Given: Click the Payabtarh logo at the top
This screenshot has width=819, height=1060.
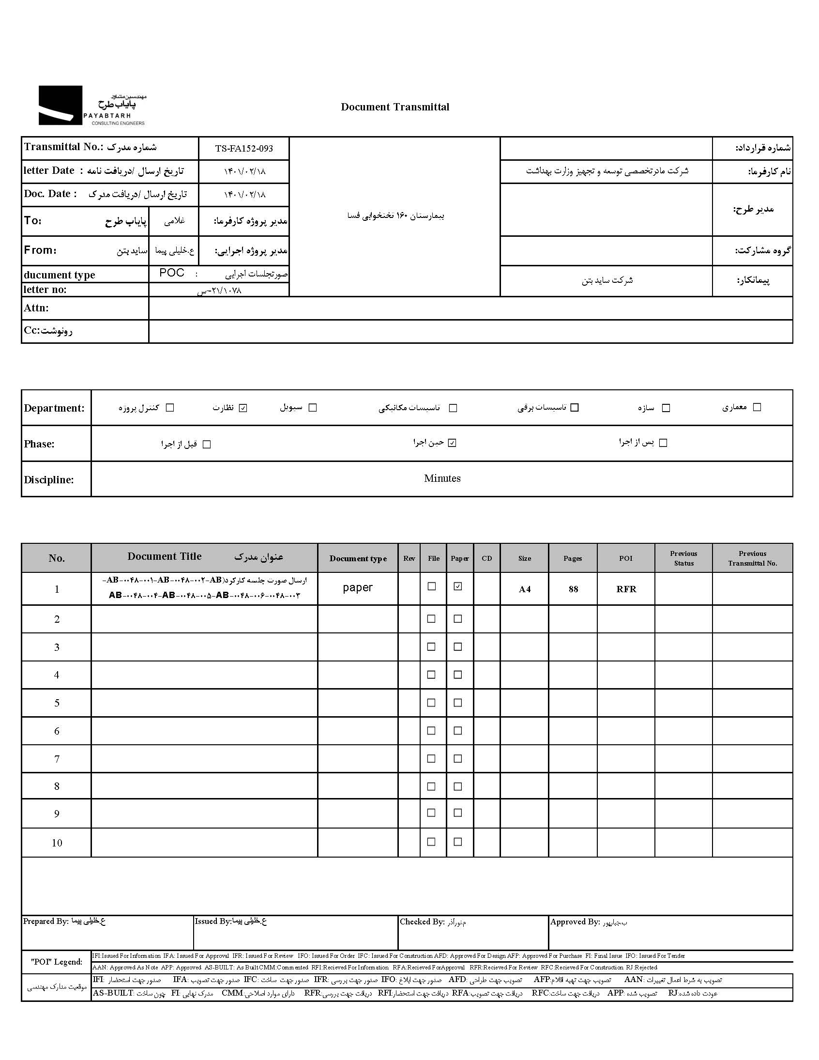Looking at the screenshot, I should [x=91, y=106].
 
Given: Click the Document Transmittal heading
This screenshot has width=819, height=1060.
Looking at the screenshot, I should [x=395, y=108].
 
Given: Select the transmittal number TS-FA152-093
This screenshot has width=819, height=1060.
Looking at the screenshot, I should [x=244, y=149].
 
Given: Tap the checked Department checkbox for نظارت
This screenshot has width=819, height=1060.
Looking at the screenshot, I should [x=243, y=408].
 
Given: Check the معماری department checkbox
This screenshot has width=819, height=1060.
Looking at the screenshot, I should [x=757, y=407].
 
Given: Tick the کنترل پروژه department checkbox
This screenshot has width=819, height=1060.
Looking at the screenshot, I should [x=170, y=408].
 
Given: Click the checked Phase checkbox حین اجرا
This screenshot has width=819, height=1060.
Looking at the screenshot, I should [x=452, y=443].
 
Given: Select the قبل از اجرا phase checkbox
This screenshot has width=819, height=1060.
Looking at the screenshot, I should [x=207, y=444].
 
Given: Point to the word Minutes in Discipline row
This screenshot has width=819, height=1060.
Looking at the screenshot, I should [x=442, y=478].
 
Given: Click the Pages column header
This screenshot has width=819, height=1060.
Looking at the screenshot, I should [x=573, y=558].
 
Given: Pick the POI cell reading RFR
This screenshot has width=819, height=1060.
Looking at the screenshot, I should [x=626, y=589].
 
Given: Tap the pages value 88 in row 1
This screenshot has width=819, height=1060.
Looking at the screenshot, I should [x=573, y=589].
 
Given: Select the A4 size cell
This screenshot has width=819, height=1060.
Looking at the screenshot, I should [x=525, y=589].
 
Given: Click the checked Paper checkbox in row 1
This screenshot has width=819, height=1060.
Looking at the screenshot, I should [x=457, y=586].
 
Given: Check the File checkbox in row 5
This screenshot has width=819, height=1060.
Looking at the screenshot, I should [x=431, y=703].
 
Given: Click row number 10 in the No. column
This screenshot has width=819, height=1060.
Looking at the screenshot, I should [x=57, y=843].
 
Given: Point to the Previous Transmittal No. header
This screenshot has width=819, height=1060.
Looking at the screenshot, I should [x=752, y=558].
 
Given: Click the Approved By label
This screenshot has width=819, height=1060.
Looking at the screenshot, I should [x=575, y=922].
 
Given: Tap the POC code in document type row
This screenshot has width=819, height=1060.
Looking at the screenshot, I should [x=172, y=273].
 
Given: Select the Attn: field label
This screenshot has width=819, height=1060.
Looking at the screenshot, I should [x=36, y=307].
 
